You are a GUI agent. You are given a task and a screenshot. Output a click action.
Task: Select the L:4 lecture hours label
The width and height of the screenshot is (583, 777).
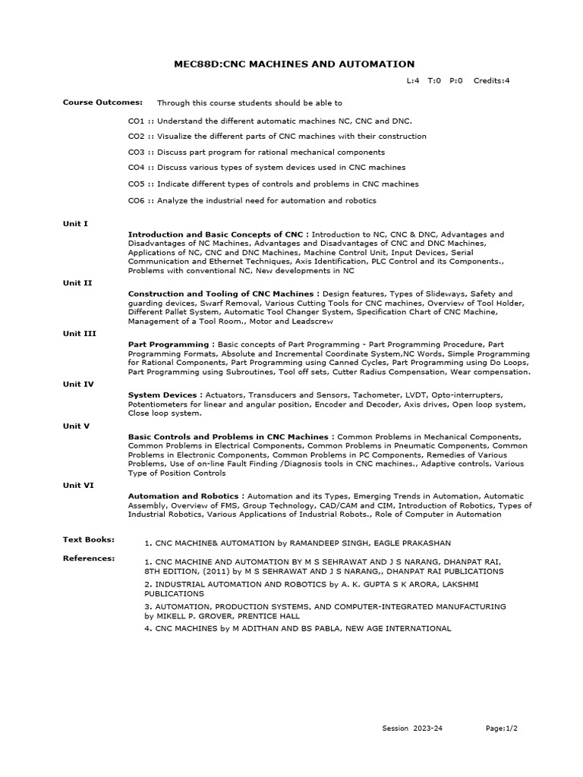413,80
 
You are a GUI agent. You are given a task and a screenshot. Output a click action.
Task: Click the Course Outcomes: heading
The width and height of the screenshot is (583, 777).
92,102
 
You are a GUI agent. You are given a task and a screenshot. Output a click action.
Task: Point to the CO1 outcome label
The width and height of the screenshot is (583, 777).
136,121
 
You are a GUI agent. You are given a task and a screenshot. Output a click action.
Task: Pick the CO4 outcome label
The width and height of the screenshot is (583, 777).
136,167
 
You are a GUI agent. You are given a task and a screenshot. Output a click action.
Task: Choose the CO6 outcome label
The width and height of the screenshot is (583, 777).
136,200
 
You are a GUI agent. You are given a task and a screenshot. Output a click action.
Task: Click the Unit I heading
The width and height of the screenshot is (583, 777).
75,224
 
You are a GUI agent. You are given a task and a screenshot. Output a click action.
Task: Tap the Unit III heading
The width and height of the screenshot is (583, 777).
79,333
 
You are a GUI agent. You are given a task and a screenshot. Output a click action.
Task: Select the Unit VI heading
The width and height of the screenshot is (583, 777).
78,485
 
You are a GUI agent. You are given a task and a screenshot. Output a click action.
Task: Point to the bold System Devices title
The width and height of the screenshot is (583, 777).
162,395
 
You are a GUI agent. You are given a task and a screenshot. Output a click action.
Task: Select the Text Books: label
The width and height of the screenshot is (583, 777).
89,539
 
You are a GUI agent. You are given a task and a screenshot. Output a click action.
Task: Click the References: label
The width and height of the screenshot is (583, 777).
89,558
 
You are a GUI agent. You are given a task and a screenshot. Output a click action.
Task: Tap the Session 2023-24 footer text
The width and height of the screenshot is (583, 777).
412,728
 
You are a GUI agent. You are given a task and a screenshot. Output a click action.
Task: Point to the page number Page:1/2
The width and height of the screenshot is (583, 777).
503,728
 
